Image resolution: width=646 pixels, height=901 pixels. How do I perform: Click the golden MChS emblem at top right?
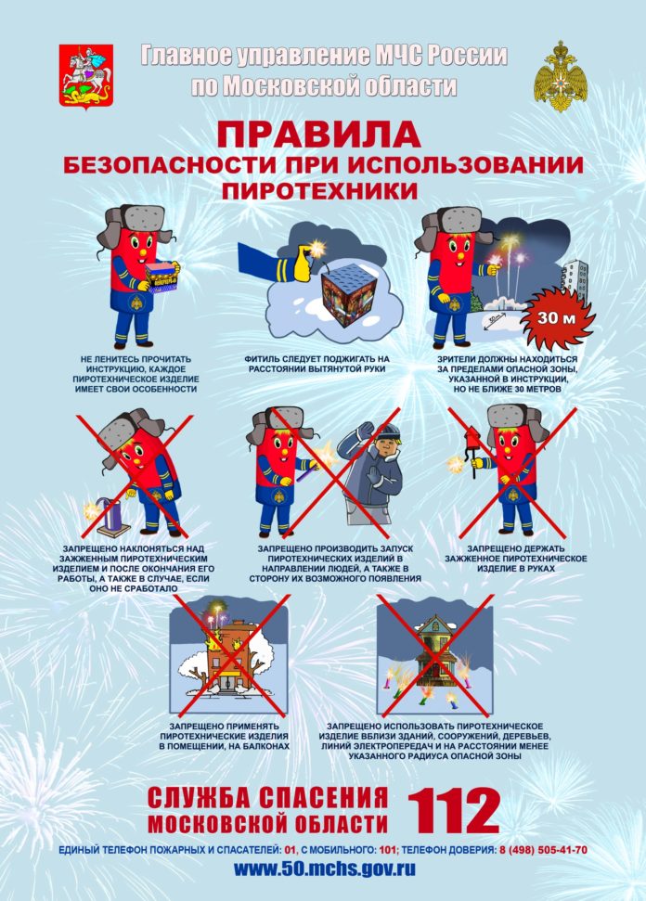561,75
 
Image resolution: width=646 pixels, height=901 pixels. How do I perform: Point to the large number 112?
454,811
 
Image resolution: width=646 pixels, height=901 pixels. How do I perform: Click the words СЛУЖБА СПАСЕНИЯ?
267,797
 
